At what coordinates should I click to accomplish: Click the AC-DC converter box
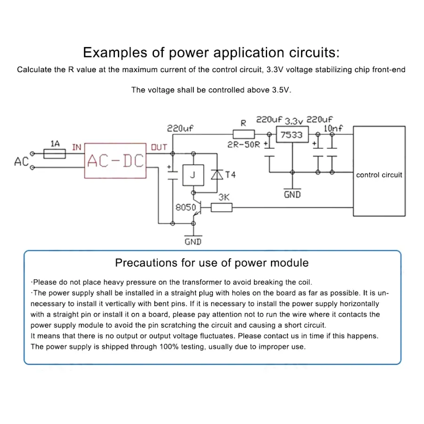(x=115, y=161)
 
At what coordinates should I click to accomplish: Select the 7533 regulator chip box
(x=292, y=135)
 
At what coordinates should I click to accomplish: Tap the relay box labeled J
(x=192, y=175)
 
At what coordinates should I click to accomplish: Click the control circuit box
(x=379, y=175)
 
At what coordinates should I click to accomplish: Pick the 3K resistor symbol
(x=221, y=207)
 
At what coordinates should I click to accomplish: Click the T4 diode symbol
(x=217, y=175)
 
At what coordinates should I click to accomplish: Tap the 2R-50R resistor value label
(x=244, y=145)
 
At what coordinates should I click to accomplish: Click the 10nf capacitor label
(x=333, y=128)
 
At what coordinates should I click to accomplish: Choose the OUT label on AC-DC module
(x=159, y=147)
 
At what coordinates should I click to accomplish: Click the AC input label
(x=21, y=162)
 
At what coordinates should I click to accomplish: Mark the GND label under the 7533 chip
(x=292, y=194)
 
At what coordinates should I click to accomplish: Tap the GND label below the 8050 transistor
(x=193, y=242)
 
